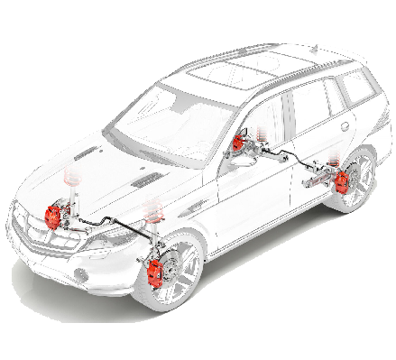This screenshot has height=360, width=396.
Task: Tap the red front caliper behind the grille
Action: pos(54,217)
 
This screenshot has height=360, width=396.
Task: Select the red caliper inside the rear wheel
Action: pos(343,181)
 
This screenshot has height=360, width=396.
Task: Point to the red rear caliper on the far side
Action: pos(238,143)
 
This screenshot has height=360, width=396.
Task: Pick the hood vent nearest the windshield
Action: pos(144,180)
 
